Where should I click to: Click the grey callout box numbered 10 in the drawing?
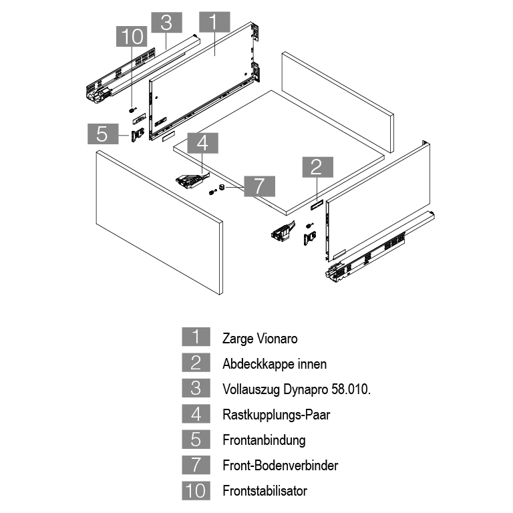pos(132,36)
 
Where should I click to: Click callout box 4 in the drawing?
pos(202,142)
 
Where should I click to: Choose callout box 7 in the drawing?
pos(259,186)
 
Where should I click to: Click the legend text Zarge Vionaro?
pos(260,338)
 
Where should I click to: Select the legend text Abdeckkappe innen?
pos(275,364)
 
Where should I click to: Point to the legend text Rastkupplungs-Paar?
pos(276,415)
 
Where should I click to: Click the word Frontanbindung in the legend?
pos(264,440)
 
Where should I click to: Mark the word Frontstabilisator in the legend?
pos(265,491)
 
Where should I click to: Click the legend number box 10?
pos(196,491)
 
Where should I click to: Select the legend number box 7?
pos(196,466)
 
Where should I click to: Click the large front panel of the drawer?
pos(158,220)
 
